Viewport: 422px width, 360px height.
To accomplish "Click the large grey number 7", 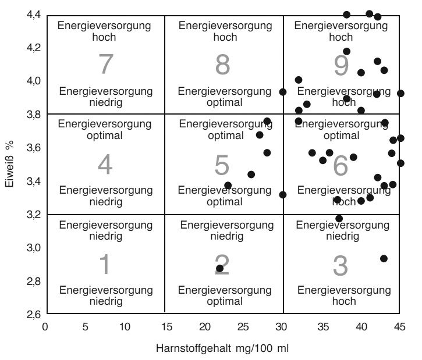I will tap(105, 64).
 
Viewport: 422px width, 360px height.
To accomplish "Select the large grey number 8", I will tap(223, 64).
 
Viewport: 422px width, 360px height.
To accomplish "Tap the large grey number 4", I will tap(105, 165).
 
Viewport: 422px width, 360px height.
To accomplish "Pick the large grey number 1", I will tap(105, 265).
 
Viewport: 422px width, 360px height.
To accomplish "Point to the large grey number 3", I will tap(341, 265).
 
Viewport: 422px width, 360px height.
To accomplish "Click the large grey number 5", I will tap(222, 165).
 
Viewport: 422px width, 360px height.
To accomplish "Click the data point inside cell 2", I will tap(219, 269).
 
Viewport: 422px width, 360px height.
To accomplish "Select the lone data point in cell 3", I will tap(384, 258).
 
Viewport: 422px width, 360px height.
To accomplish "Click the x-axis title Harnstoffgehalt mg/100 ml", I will tap(222, 349).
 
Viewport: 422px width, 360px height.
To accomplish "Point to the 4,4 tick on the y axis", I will tap(34, 15).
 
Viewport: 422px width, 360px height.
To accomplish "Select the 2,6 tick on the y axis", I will tap(34, 315).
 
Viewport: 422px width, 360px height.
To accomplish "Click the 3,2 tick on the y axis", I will tap(34, 215).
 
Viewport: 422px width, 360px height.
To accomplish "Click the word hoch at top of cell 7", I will tap(105, 37).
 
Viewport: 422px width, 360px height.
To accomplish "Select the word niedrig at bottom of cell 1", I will tap(105, 301).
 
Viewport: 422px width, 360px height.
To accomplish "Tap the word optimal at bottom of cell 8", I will tap(224, 102).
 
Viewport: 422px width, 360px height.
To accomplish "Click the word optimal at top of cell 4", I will tap(105, 136).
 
